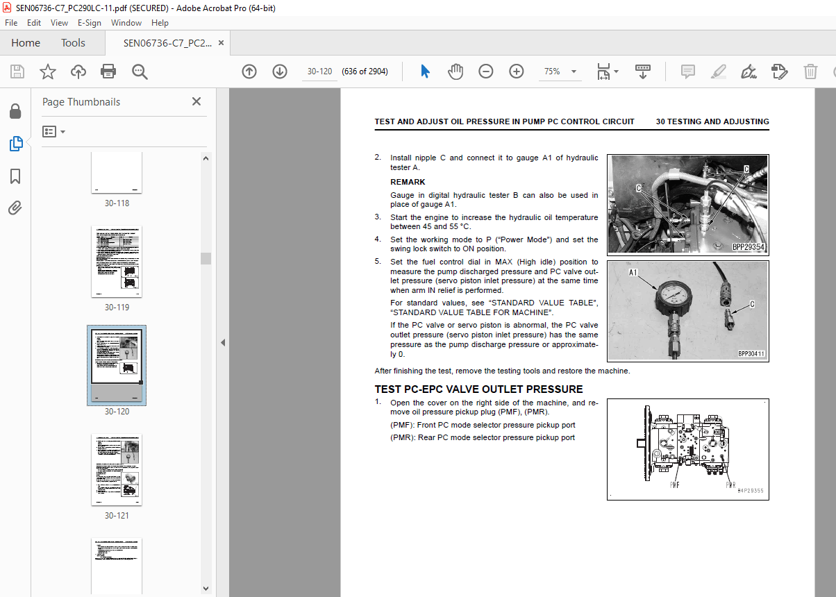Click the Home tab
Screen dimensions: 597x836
[26, 43]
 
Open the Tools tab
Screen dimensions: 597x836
[73, 43]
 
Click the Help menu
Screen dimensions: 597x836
[160, 23]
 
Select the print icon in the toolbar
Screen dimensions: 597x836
[108, 72]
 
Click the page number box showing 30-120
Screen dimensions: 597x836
[319, 72]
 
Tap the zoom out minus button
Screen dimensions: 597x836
[486, 72]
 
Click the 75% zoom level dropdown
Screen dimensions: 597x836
[560, 72]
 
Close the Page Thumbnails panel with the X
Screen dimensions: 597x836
[197, 101]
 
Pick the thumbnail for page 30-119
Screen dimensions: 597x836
[117, 261]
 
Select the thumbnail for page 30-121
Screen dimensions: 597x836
[117, 469]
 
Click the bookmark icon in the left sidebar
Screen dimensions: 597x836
[15, 176]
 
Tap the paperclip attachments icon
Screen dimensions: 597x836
[15, 208]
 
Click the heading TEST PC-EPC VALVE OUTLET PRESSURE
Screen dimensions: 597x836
[478, 389]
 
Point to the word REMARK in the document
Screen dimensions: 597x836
[408, 182]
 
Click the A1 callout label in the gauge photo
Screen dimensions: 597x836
[633, 273]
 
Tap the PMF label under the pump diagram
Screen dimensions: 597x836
[674, 485]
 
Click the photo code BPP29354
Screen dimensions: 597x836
[749, 247]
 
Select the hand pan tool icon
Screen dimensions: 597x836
[455, 72]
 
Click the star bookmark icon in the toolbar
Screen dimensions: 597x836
[47, 72]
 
